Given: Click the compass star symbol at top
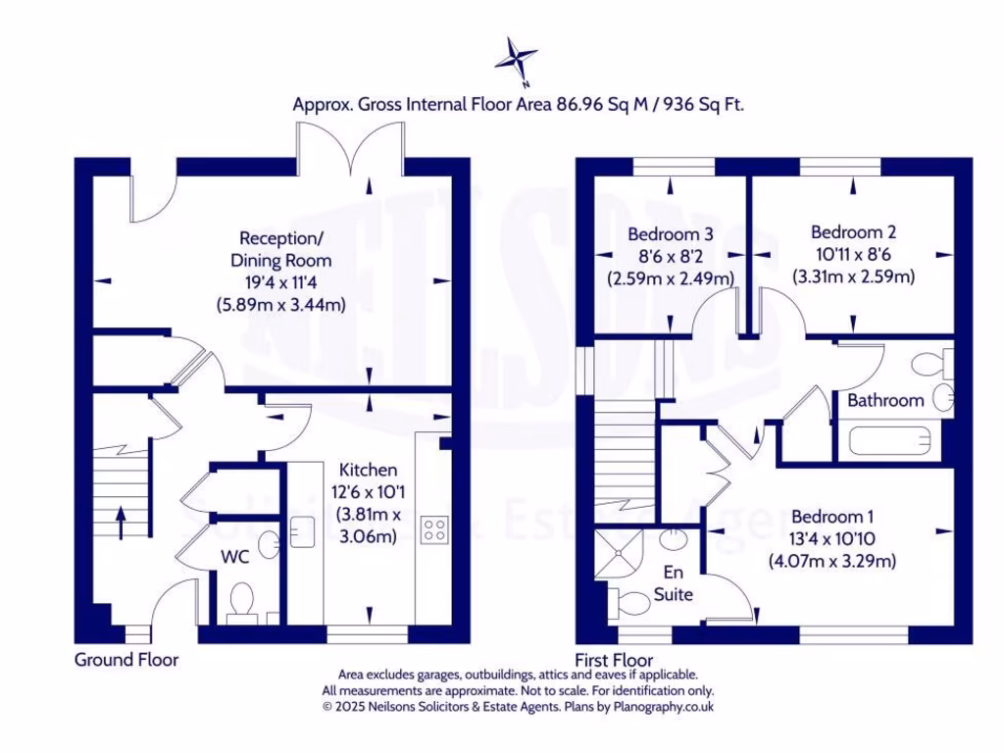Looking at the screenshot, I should pos(515,58).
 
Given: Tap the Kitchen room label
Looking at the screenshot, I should pos(369,470).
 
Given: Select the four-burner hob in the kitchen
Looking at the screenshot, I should pos(434,530).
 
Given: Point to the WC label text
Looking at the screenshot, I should pos(236,556).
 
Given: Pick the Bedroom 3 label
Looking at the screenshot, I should pos(670,234).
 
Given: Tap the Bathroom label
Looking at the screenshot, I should pos(885,400).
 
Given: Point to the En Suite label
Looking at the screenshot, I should pos(675,584).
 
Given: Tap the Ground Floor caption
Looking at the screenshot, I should pos(126,660).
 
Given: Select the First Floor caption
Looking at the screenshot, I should pos(614,660).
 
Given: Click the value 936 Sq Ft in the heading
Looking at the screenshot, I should pos(703,104).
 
